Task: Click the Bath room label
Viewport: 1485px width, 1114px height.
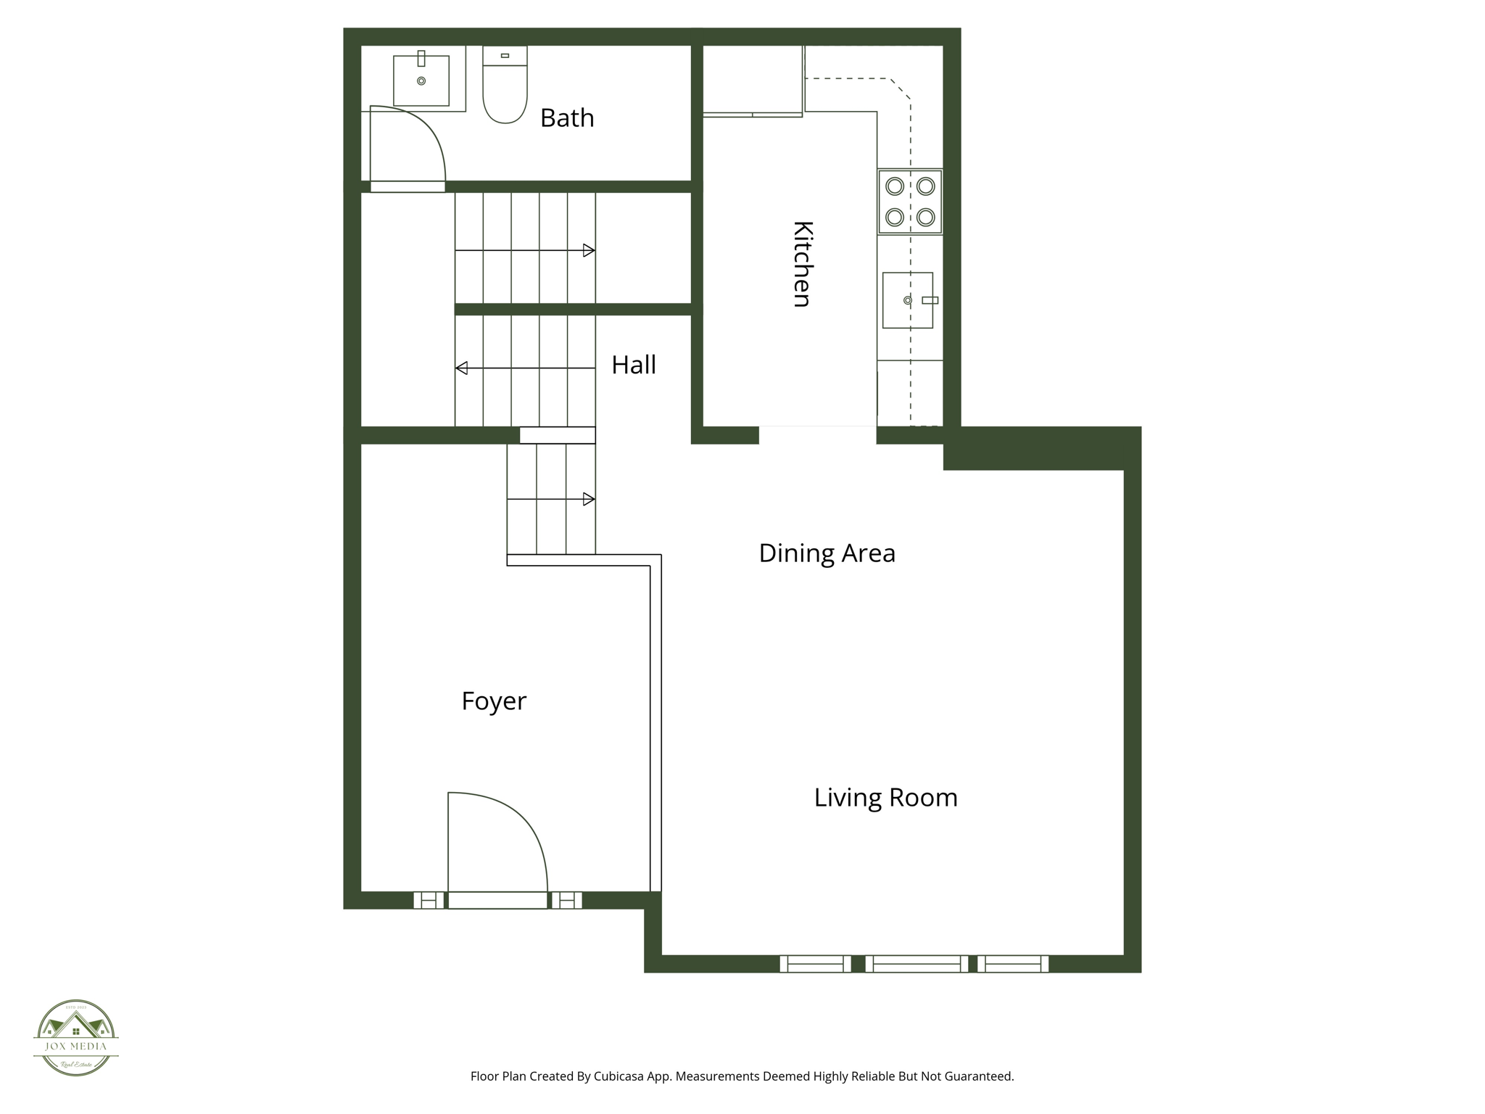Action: click(566, 117)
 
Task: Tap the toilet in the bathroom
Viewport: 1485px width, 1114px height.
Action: click(505, 86)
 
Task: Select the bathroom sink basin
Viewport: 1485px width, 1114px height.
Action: click(421, 81)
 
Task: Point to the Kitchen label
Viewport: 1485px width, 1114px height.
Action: click(802, 264)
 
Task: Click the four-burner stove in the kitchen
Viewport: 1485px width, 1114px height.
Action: click(910, 202)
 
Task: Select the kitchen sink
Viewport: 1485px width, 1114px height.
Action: click(907, 300)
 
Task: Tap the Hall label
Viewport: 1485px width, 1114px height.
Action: click(633, 365)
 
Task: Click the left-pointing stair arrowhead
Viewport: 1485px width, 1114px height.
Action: click(462, 368)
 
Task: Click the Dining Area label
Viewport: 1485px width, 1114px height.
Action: click(827, 553)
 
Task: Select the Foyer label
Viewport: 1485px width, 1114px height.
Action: click(494, 701)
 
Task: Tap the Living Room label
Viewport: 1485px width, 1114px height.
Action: click(885, 798)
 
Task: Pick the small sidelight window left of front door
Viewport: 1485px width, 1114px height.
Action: click(429, 900)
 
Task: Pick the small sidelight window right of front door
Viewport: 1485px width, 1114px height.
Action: click(567, 900)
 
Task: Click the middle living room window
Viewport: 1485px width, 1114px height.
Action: click(917, 964)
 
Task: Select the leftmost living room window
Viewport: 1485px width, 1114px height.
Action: click(815, 964)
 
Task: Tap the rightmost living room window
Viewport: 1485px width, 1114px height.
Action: click(1012, 964)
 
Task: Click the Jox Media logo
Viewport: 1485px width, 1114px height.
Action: click(76, 1037)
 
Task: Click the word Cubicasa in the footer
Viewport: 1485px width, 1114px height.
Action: click(621, 1076)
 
